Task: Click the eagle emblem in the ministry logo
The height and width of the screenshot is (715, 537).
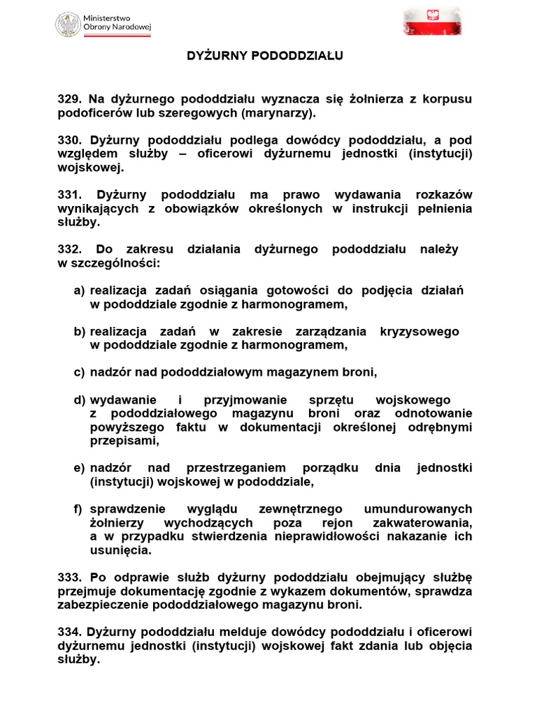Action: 69,24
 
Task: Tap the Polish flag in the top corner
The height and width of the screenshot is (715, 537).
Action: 432,21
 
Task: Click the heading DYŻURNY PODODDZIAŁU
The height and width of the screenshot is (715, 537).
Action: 264,55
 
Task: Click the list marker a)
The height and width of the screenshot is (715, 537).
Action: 79,290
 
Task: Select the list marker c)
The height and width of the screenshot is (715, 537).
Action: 79,372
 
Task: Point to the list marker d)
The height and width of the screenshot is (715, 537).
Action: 79,399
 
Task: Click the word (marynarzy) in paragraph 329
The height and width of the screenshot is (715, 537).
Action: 278,113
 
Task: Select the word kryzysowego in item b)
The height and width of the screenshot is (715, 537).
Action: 420,331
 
